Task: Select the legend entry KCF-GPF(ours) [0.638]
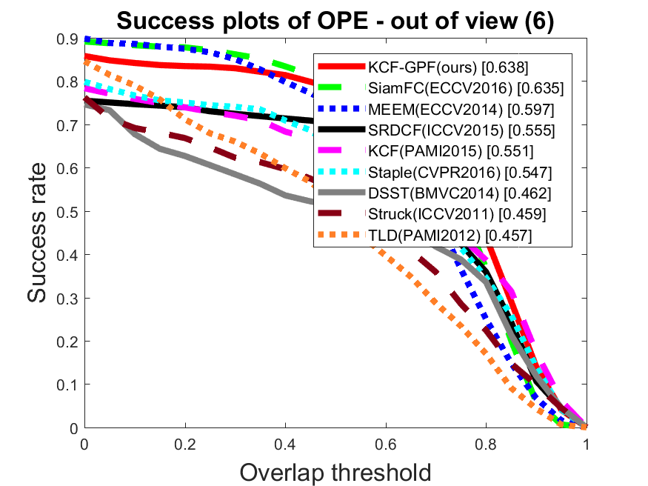(448, 67)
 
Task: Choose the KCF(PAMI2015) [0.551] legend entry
(451, 151)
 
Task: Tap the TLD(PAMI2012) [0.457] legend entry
(450, 236)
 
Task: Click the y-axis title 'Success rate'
(37, 233)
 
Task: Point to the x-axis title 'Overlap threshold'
(335, 473)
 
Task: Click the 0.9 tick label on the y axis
(67, 39)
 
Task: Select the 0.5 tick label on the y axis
(67, 212)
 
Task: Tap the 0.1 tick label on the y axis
(67, 385)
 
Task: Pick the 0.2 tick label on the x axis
(185, 445)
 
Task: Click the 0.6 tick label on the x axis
(386, 445)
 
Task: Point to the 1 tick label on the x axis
(587, 445)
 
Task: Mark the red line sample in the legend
(341, 66)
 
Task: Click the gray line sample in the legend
(341, 192)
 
